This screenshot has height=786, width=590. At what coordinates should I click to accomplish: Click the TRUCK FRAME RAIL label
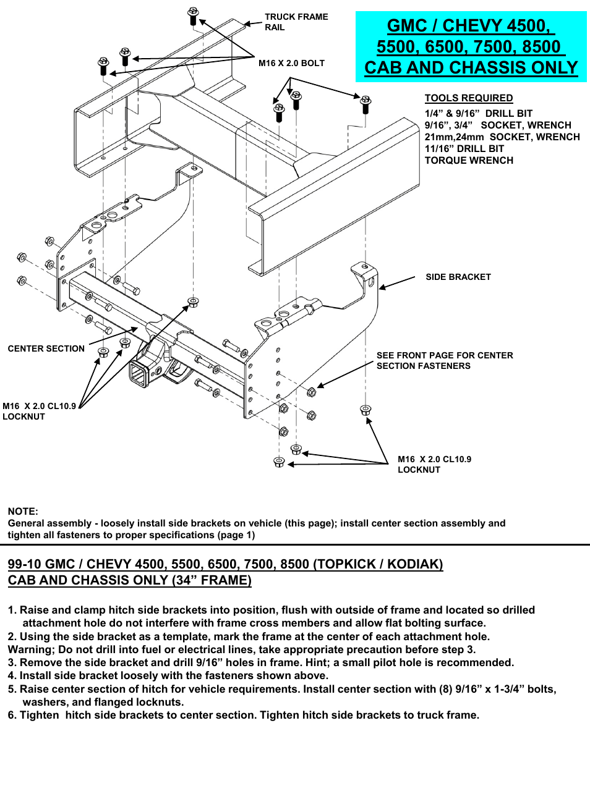[296, 22]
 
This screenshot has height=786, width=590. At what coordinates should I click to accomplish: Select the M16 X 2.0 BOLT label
[291, 63]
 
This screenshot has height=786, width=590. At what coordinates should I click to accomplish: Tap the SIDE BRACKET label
[458, 277]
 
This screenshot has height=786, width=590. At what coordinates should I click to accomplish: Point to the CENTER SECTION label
[46, 349]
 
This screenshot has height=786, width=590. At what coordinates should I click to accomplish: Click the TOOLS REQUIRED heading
[468, 98]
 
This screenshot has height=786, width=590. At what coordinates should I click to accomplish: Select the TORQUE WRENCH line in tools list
[468, 160]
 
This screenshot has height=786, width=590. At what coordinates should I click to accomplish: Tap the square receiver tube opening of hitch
[139, 374]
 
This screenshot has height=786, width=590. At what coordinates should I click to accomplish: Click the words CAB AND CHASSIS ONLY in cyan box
[471, 67]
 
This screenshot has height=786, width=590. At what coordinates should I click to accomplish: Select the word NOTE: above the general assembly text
[23, 511]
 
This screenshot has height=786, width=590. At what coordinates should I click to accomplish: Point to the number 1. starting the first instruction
[12, 610]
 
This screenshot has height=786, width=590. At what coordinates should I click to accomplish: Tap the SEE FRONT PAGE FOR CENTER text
[445, 355]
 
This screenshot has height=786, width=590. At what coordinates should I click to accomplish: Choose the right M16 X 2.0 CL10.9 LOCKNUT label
[434, 464]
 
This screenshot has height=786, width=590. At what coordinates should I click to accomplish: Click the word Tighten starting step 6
[40, 715]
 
